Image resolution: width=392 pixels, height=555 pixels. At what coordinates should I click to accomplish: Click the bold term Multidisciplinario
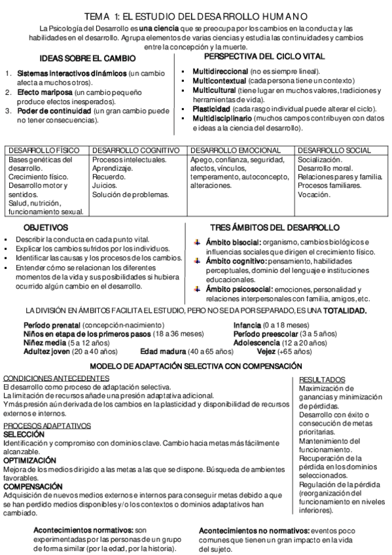[x=222, y=118]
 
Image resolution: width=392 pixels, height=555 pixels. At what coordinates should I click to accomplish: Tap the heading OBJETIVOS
[x=46, y=228]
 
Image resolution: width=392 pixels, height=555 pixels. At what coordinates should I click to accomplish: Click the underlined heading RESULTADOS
[x=322, y=379]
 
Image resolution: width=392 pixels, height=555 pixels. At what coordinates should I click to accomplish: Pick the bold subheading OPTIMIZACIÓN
[x=30, y=461]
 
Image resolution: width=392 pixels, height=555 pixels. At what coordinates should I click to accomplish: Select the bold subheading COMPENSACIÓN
[x=33, y=486]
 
